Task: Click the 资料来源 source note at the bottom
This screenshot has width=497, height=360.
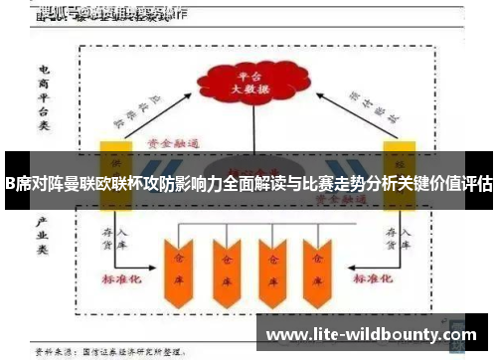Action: point(109,352)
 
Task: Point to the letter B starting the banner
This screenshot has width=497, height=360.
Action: point(8,184)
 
